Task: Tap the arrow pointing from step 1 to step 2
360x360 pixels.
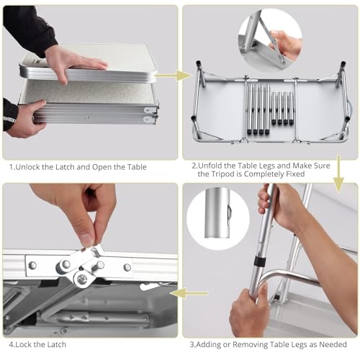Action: click(x=174, y=74)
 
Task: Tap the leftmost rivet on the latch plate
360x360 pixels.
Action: click(x=32, y=265)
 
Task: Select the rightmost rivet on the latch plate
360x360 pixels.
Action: click(x=127, y=267)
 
